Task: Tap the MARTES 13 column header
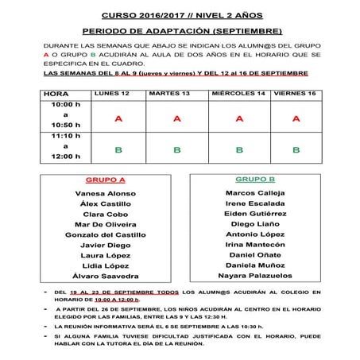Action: point(176,94)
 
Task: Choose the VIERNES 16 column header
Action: point(295,94)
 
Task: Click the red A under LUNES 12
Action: point(117,118)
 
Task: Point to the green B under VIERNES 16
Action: point(296,149)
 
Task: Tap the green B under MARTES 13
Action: point(177,149)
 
